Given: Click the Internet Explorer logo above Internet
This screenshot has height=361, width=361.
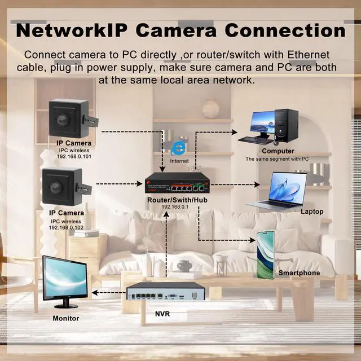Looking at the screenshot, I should (179, 148).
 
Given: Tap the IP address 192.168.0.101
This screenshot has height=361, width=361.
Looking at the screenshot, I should (74, 157).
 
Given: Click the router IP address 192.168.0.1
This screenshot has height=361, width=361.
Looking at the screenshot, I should (174, 208).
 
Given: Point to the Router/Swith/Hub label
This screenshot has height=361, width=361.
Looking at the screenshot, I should (174, 200).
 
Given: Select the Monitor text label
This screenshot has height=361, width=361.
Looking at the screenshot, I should (66, 318).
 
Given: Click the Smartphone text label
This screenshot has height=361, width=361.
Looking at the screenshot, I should (299, 273).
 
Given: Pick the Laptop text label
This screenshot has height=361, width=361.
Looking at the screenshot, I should (312, 212).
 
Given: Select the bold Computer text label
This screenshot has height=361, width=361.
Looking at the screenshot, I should (278, 151).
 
